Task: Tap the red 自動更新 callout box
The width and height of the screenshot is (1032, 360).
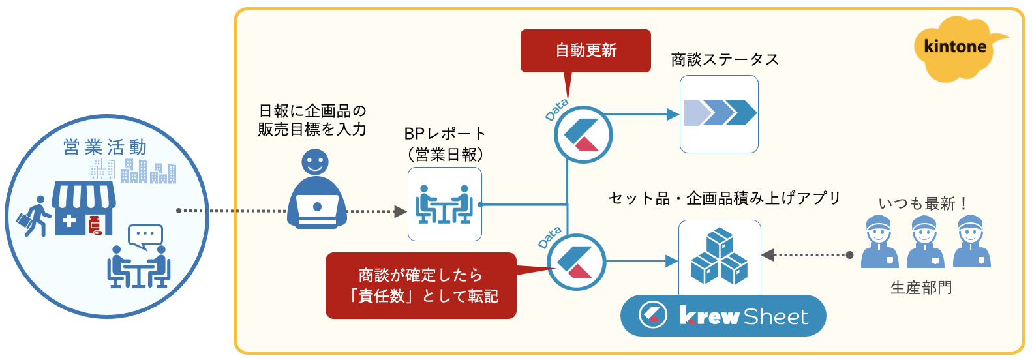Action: point(585,51)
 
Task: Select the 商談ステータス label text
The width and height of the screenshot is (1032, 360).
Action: point(725,59)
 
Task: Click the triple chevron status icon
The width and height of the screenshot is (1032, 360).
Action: point(720,113)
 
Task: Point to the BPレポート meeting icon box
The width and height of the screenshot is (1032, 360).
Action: point(445,204)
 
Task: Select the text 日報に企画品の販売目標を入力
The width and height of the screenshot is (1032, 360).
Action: point(312,120)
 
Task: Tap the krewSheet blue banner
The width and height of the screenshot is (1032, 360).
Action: point(723,316)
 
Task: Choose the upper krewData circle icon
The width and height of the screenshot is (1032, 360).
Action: point(583,135)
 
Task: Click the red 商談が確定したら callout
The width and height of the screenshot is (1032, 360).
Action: point(421,286)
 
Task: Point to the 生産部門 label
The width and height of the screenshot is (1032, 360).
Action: point(921,288)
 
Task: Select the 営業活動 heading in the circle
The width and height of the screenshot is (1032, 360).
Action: point(105,147)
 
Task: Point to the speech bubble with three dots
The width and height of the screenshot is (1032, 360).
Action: point(145,236)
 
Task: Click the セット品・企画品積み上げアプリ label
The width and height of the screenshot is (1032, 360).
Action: point(724,198)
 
